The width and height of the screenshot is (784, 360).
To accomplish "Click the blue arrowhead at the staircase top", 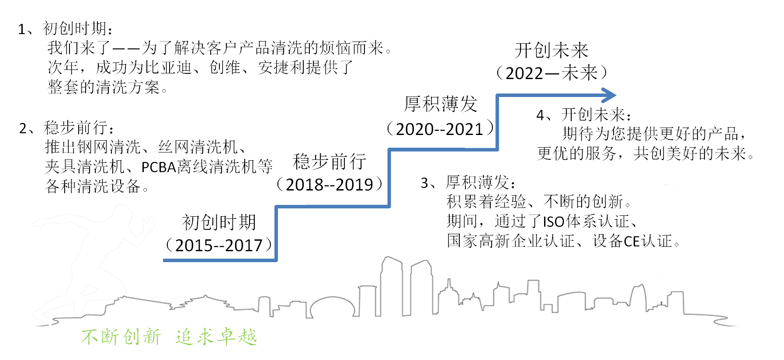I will click(x=610, y=95).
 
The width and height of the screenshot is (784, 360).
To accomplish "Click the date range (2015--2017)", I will click(x=219, y=246).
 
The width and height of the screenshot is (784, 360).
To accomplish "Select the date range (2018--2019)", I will click(x=330, y=185).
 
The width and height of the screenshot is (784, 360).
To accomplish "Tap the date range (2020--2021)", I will click(x=440, y=129).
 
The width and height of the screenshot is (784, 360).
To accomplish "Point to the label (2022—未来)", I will click(x=552, y=73).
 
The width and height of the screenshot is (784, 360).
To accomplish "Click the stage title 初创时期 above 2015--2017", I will click(x=219, y=222).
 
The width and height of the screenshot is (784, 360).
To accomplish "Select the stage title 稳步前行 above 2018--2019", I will click(x=330, y=162).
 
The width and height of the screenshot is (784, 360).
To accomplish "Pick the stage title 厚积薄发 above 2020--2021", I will click(x=441, y=104).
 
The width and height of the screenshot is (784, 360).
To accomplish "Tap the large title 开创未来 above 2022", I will click(x=552, y=50).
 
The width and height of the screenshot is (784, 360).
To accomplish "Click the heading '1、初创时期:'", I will click(x=66, y=29).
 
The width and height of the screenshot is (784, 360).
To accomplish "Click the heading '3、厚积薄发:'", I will click(x=468, y=182).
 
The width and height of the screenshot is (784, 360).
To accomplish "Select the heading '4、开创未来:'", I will click(x=584, y=115).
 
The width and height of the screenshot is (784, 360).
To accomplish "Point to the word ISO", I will click(x=554, y=222).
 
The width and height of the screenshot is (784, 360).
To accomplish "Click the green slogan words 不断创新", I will click(x=121, y=337).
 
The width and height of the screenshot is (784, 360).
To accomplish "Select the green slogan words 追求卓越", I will click(x=216, y=337).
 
